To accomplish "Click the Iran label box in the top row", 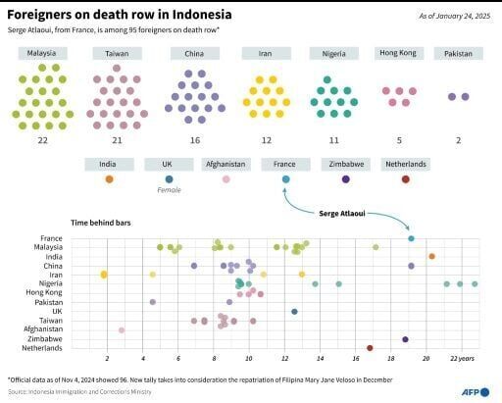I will [266, 53].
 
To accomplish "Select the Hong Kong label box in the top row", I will [400, 53].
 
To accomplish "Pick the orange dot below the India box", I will [109, 179].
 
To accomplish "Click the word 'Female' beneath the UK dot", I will [169, 191].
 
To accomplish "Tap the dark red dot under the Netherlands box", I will [406, 179].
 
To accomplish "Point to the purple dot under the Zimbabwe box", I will [345, 179].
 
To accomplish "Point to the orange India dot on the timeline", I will [431, 256].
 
